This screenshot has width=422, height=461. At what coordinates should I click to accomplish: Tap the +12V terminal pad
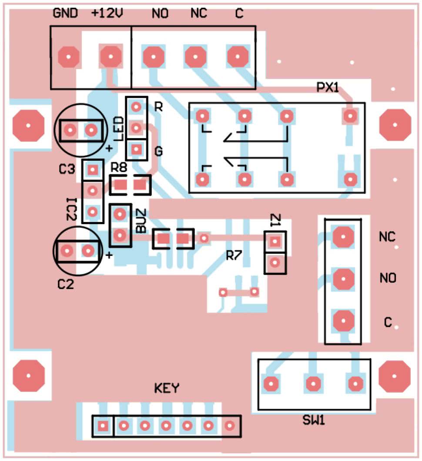110,56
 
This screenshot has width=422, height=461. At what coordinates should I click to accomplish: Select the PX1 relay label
327,88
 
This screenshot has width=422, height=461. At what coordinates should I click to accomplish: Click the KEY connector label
167,388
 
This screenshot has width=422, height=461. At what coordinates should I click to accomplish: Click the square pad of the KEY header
103,426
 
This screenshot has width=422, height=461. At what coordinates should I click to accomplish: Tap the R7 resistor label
234,256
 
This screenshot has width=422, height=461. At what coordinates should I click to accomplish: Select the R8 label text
120,167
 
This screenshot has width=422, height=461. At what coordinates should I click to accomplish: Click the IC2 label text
72,209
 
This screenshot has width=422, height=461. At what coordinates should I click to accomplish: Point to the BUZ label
141,221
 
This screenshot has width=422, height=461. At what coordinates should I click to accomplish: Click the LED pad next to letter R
137,106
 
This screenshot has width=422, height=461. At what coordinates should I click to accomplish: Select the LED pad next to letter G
137,150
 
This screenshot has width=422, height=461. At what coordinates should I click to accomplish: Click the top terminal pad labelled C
238,56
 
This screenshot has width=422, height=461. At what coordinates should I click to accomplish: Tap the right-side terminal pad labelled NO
343,278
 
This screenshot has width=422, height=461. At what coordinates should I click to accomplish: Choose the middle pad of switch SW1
313,384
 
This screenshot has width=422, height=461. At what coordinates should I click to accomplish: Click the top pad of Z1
275,241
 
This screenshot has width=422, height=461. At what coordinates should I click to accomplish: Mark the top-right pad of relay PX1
350,116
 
